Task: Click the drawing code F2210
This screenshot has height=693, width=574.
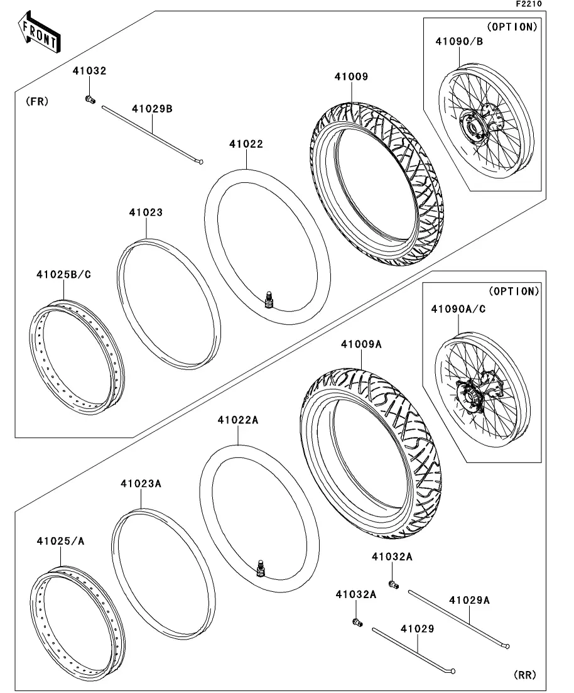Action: click(528, 4)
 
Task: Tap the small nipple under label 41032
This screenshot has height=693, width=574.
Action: click(89, 99)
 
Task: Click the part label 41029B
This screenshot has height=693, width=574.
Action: click(152, 108)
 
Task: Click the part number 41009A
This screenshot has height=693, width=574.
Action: click(362, 344)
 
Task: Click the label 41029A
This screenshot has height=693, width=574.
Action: click(469, 600)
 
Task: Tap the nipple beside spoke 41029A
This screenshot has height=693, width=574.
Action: click(394, 586)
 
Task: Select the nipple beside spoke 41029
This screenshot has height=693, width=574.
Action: click(358, 622)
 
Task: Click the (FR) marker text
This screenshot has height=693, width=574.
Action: click(38, 101)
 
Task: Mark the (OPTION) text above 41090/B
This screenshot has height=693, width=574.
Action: click(512, 26)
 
